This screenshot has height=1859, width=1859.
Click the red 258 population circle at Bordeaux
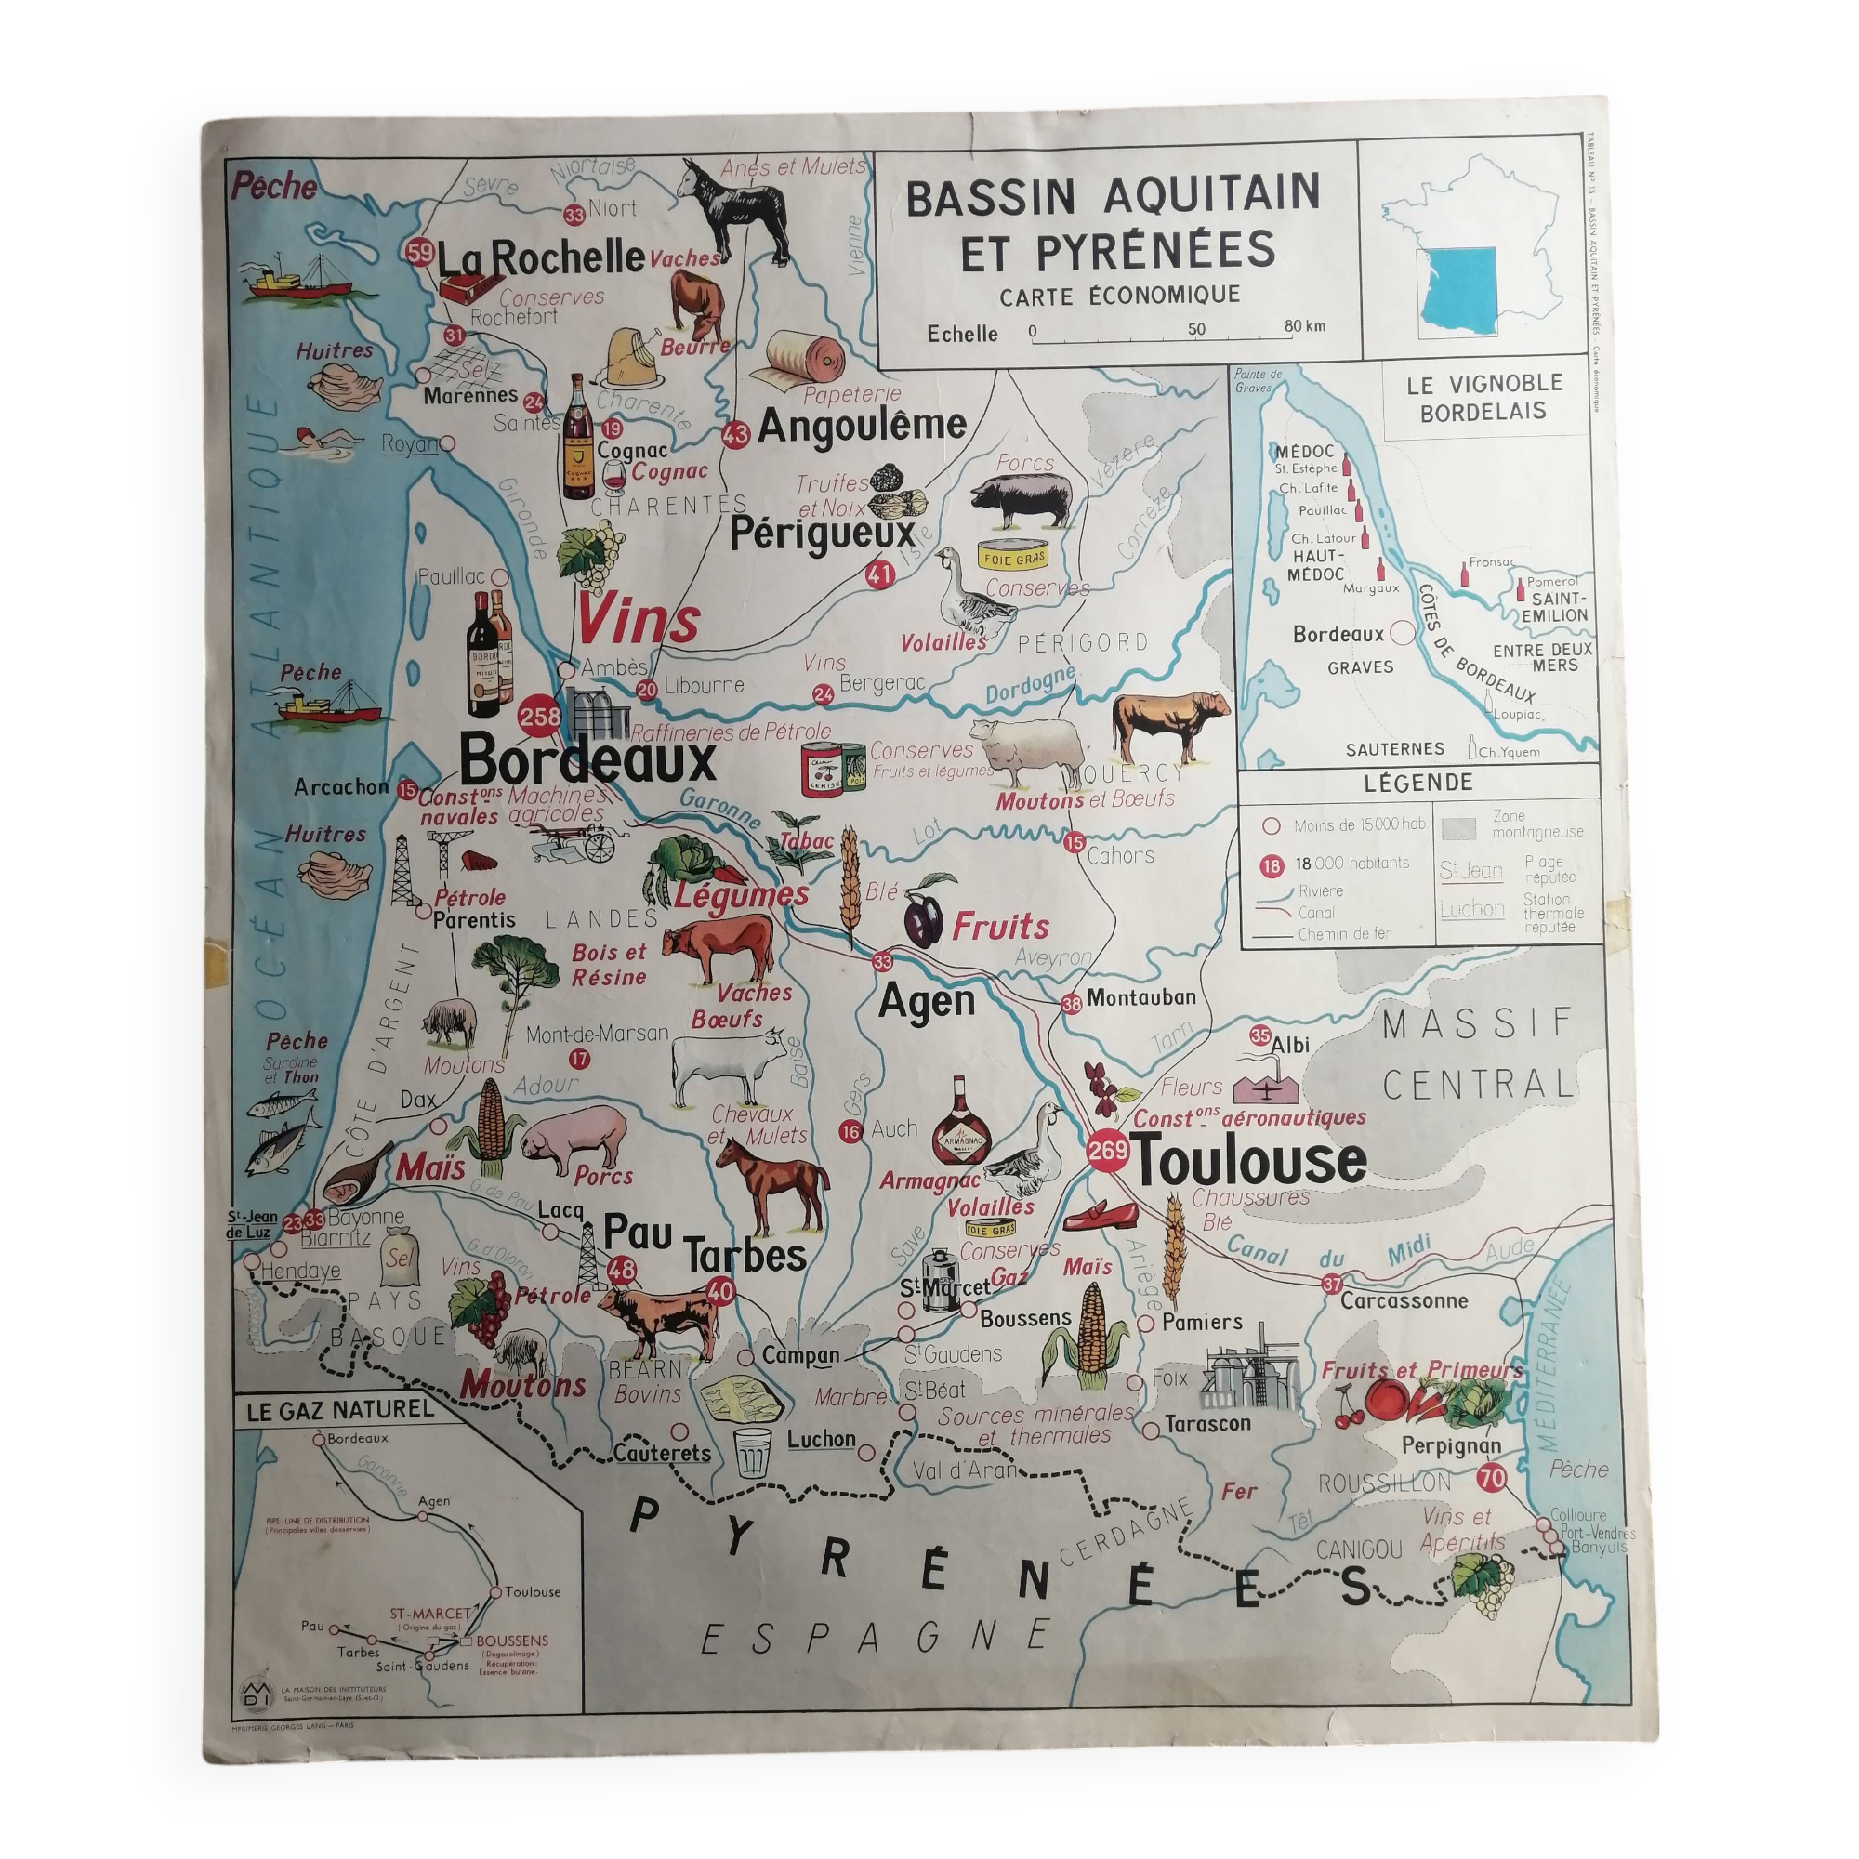pos(540,716)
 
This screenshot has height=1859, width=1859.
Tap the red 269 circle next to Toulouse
pos(1108,1152)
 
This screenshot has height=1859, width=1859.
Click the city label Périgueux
pos(822,535)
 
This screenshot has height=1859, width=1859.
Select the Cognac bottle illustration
pos(577,437)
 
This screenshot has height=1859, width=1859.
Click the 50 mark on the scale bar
pos(1196,329)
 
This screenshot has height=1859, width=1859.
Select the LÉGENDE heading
pos(1418,783)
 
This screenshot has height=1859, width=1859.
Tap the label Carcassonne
pos(1404,1301)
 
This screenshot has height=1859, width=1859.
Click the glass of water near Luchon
pos(753,1451)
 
